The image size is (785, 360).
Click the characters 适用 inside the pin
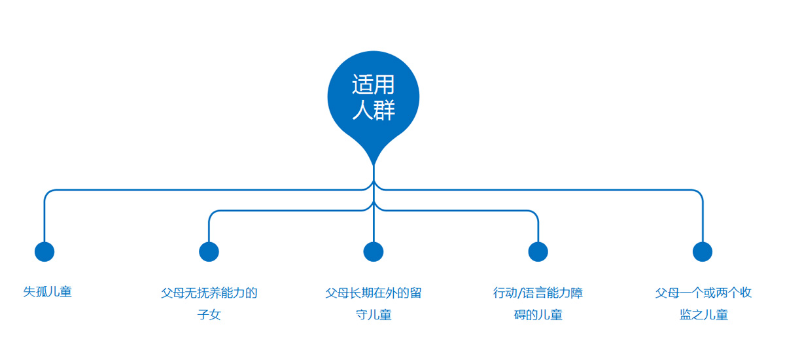pyautogui.click(x=374, y=84)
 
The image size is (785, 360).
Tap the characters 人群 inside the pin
pyautogui.click(x=374, y=110)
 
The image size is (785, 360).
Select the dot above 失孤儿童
pyautogui.click(x=44, y=252)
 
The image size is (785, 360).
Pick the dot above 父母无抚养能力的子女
pyautogui.click(x=209, y=252)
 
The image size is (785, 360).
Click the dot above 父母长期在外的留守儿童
pyautogui.click(x=374, y=252)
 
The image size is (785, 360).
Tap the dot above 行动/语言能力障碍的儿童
pyautogui.click(x=538, y=252)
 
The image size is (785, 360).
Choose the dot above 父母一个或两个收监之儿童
pyautogui.click(x=703, y=252)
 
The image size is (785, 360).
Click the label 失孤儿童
pyautogui.click(x=47, y=292)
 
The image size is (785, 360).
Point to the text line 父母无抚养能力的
pyautogui.click(x=209, y=293)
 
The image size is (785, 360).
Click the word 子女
pyautogui.click(x=209, y=314)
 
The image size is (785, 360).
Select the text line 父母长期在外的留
pyautogui.click(x=374, y=293)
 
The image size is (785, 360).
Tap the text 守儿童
pyautogui.click(x=374, y=315)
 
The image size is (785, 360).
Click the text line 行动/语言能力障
pyautogui.click(x=538, y=293)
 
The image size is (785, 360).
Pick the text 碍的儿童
pyautogui.click(x=538, y=315)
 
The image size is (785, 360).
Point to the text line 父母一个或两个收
pyautogui.click(x=703, y=293)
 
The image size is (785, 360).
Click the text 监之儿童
pyautogui.click(x=704, y=315)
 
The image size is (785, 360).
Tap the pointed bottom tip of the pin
pyautogui.click(x=374, y=165)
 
